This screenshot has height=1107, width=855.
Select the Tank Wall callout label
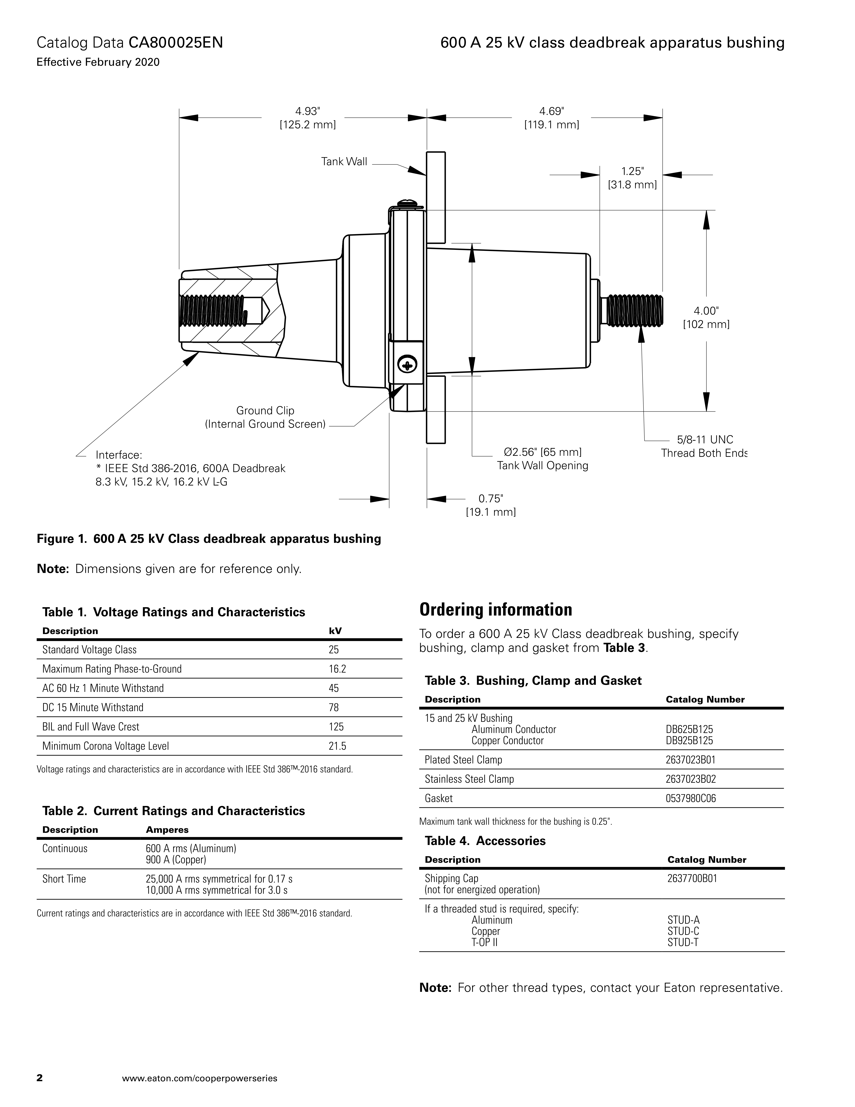coord(344,162)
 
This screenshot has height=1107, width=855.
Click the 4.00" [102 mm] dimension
coord(706,317)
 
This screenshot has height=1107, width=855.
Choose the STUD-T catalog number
coord(683,942)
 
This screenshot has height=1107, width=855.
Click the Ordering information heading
coord(495,610)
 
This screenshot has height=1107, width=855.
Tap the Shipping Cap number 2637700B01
coord(692,878)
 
